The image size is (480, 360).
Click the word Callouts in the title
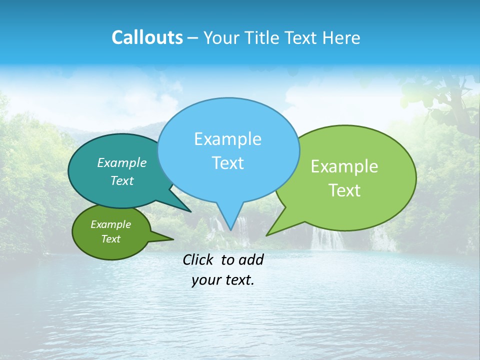[147, 37]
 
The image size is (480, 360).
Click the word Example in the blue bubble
[227, 139]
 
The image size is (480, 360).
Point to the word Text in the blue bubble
[227, 163]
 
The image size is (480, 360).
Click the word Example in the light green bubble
[344, 166]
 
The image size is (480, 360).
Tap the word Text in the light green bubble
[344, 190]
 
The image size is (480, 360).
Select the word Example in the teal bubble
[122, 162]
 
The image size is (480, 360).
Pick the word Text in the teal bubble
[122, 180]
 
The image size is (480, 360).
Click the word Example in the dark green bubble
[110, 224]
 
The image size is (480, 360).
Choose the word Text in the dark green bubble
[110, 239]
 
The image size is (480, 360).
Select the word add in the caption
[251, 259]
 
